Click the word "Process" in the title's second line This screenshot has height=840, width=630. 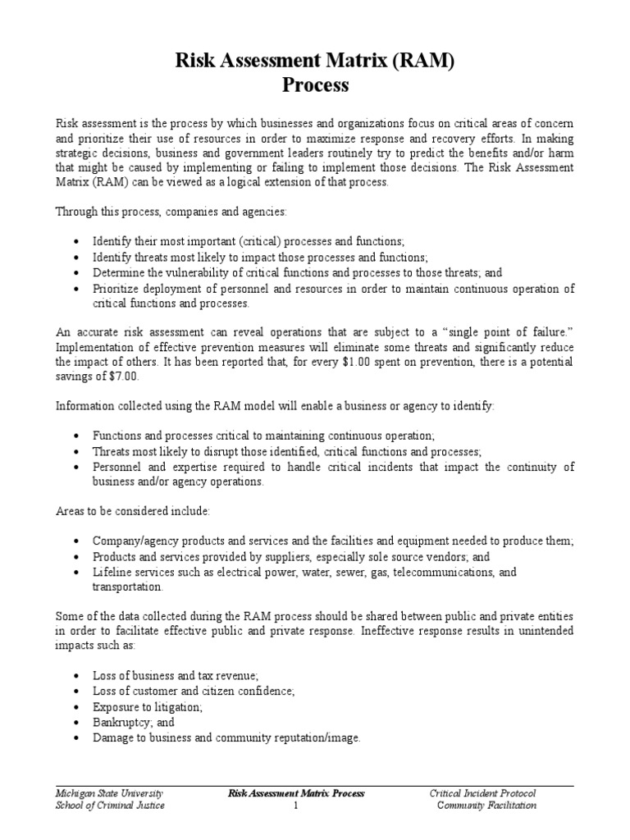pyautogui.click(x=315, y=84)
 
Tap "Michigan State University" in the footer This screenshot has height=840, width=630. pyautogui.click(x=109, y=793)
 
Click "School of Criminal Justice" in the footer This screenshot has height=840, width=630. pyautogui.click(x=110, y=806)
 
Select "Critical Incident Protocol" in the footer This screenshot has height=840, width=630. pyautogui.click(x=482, y=793)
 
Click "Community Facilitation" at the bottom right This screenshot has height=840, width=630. pyautogui.click(x=486, y=806)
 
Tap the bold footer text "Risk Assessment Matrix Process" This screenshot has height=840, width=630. pyautogui.click(x=295, y=793)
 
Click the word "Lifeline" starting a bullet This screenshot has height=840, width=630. pyautogui.click(x=111, y=572)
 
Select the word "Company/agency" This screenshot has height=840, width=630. pyautogui.click(x=133, y=541)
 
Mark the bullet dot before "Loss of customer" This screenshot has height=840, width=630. pyautogui.click(x=75, y=692)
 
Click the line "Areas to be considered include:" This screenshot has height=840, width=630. pyautogui.click(x=132, y=511)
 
